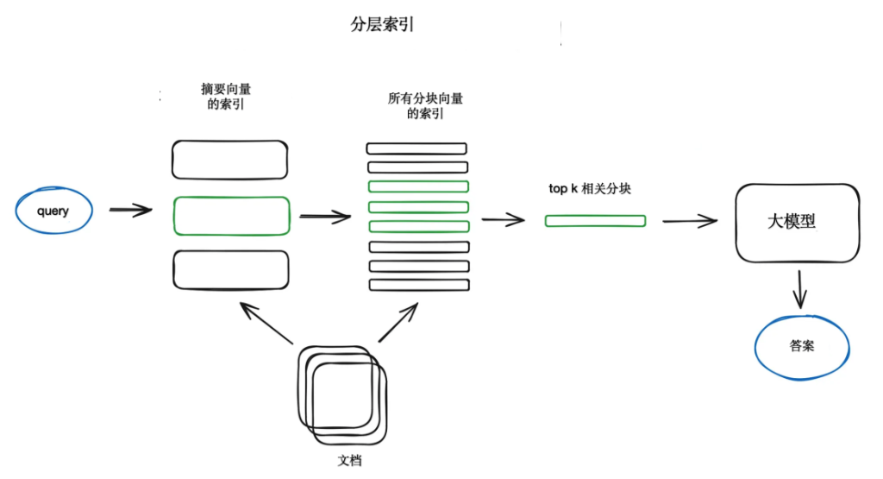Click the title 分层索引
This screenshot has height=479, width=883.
coord(381,25)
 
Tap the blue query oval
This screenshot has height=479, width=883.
coord(53,211)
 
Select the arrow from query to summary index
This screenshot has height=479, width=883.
coord(130,210)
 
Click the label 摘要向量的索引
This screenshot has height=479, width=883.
coord(230,96)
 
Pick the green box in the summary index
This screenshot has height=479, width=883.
coord(231,216)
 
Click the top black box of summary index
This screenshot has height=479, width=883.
coord(230,159)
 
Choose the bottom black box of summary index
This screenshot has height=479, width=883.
coord(230,269)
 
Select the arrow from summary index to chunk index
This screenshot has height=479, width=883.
coord(324,216)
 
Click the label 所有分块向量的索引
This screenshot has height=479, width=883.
coord(425,105)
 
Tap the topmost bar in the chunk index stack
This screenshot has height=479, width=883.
coord(417,148)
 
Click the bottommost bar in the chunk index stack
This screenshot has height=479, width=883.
coord(417,285)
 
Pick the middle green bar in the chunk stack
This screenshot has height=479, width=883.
coord(417,206)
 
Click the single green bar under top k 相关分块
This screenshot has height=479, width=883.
coord(595,221)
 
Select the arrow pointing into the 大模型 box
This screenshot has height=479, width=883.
coord(689,221)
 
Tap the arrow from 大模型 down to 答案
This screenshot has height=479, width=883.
coord(800,289)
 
